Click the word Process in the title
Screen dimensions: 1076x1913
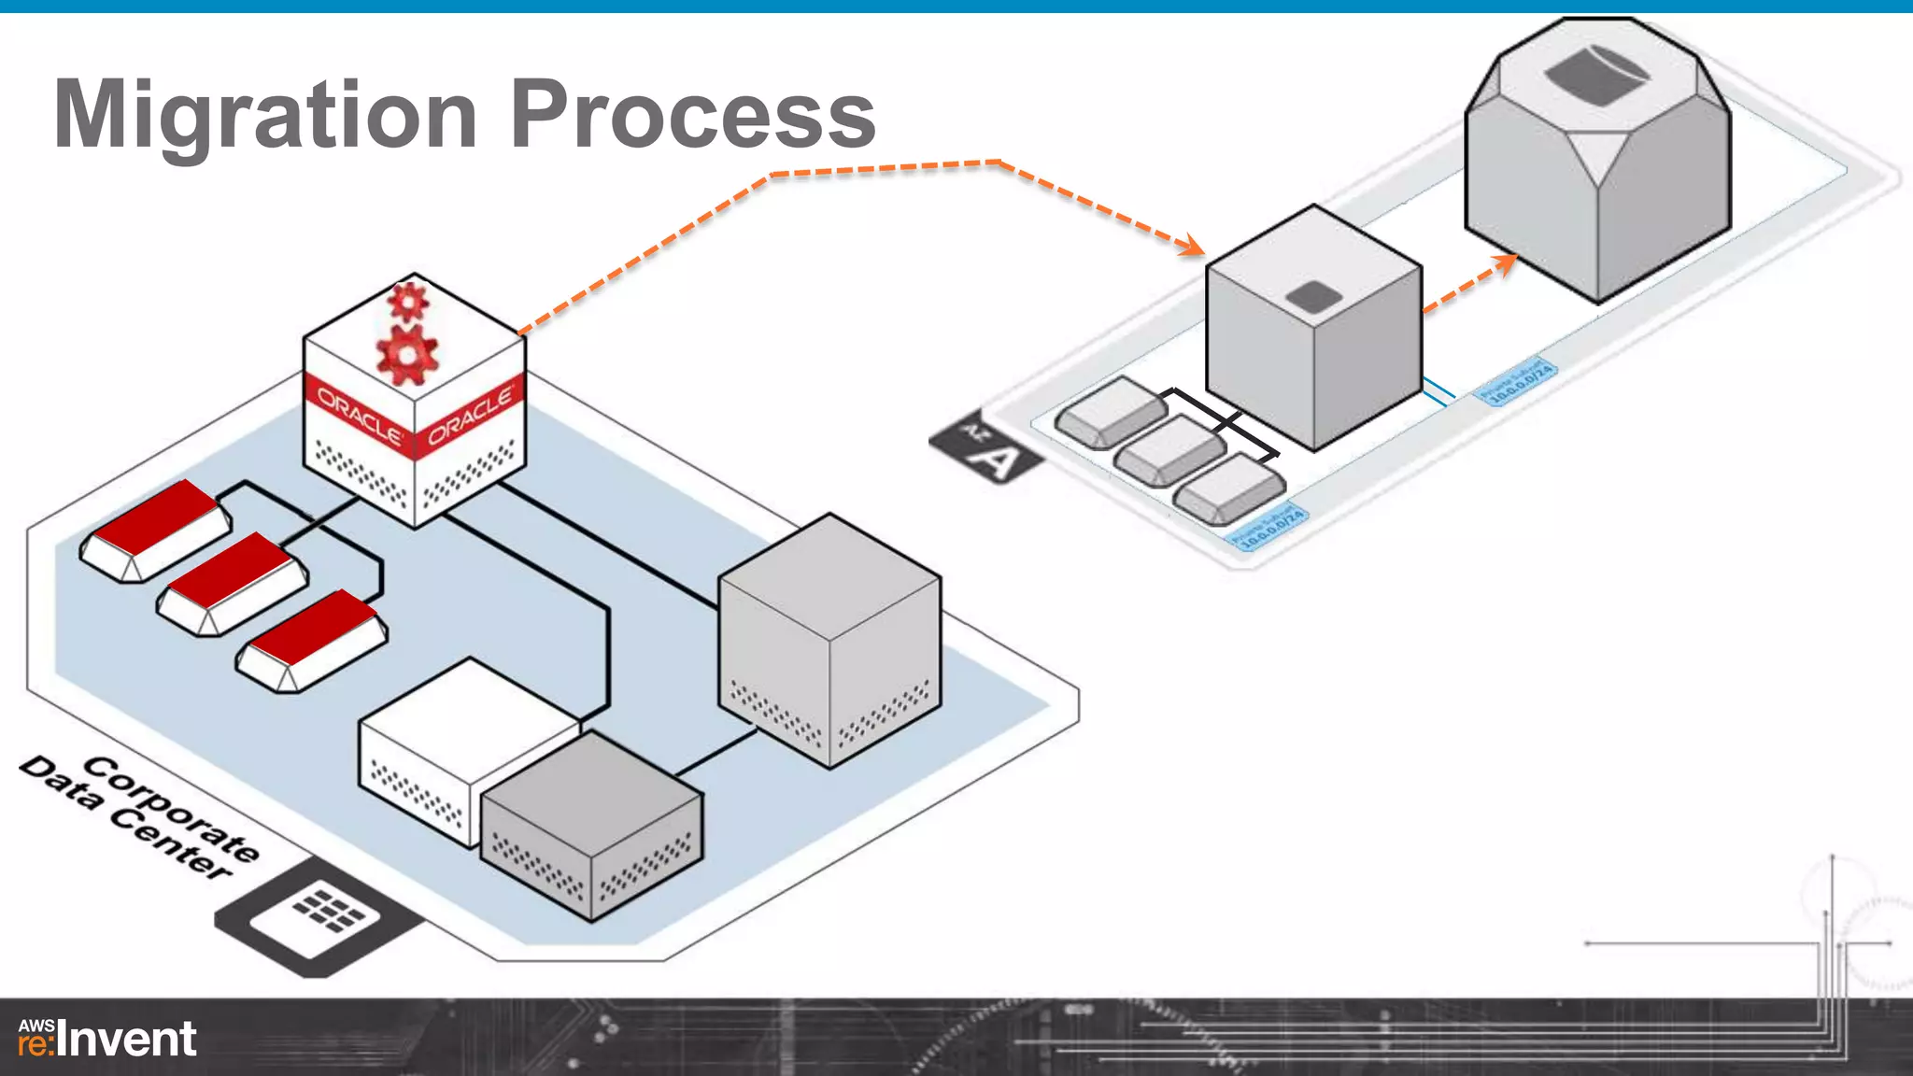692,114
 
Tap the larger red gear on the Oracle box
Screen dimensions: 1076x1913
406,355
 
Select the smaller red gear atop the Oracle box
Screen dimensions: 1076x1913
407,301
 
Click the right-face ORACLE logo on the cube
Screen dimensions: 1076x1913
471,415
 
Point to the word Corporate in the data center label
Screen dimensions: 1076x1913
172,809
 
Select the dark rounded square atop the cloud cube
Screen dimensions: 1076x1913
1314,296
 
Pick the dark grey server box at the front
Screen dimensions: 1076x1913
590,826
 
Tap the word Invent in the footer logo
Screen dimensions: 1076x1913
127,1040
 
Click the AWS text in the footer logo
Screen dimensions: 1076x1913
36,1025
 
